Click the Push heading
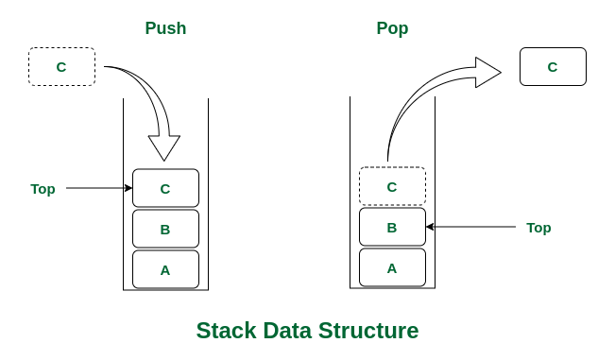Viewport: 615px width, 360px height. coord(165,28)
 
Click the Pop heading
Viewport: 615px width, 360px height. coord(392,28)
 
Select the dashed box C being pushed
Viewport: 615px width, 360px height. coord(61,67)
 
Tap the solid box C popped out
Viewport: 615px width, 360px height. coord(553,67)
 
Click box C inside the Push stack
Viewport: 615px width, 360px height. coord(165,188)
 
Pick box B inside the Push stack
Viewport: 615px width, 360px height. coord(165,229)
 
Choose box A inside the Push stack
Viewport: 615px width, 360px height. coord(165,269)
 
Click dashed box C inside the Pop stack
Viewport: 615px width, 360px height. coord(392,186)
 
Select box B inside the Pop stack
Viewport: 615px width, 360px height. coord(392,227)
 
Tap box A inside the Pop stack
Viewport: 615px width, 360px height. coord(392,267)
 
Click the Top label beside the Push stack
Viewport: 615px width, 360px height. coord(43,188)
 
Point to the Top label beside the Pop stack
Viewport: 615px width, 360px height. coord(538,227)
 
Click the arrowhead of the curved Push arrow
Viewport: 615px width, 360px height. coord(164,148)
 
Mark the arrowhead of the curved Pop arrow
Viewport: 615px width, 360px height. coord(487,72)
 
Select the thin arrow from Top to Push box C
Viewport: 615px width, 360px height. coord(98,188)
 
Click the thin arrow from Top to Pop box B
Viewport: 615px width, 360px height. coord(471,227)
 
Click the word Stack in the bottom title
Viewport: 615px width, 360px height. coord(225,331)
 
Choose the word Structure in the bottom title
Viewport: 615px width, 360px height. coord(370,331)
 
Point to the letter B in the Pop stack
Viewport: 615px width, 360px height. coord(392,227)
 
